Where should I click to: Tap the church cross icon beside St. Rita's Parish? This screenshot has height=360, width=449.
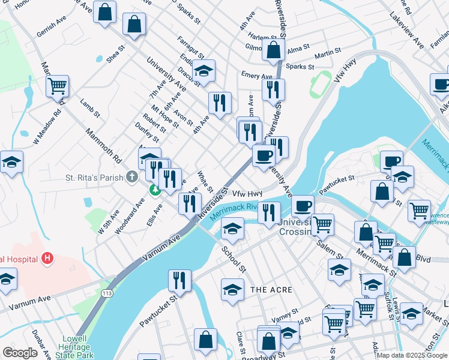[132, 177]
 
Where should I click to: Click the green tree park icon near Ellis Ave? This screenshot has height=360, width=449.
[155, 190]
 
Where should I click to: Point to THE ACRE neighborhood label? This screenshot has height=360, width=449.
[271, 290]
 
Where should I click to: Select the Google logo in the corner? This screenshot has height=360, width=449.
[20, 353]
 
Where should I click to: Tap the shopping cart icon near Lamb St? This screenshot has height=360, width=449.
[58, 86]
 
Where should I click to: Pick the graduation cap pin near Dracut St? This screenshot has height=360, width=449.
[203, 71]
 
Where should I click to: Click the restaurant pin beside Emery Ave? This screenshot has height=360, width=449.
[273, 89]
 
